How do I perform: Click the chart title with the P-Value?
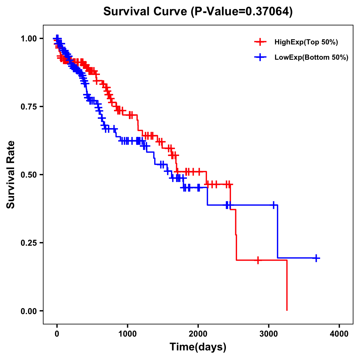(x=198, y=12)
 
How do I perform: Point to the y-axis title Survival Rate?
(x=11, y=175)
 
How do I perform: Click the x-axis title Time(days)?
(x=198, y=347)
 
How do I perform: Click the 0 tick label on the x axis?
(x=57, y=334)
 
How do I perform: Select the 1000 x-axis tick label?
(x=127, y=334)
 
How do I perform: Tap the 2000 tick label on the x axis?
(x=198, y=334)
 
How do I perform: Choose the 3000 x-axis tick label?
(x=269, y=334)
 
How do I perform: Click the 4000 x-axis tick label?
(x=339, y=334)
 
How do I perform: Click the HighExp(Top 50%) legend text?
(x=306, y=42)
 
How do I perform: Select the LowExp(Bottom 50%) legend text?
(x=311, y=58)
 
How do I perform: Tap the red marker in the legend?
(x=260, y=42)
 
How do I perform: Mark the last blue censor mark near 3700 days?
(x=316, y=258)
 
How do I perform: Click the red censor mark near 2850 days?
(x=258, y=260)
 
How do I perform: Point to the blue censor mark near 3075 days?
(x=274, y=205)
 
